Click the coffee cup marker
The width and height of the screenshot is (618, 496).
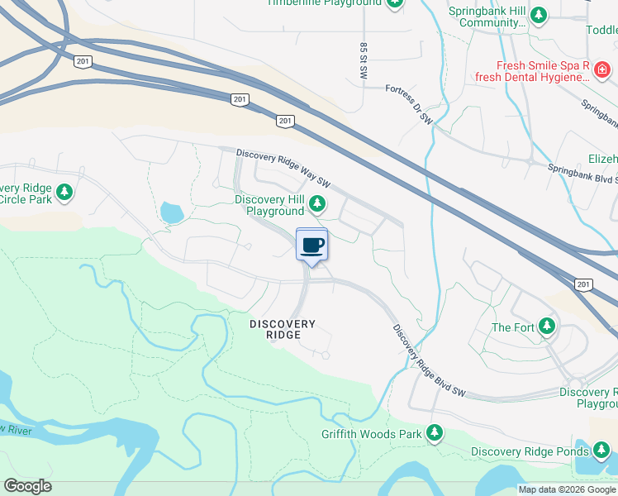point(311,245)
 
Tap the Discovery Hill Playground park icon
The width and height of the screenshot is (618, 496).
point(316,203)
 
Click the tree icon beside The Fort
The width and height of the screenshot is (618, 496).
point(546,327)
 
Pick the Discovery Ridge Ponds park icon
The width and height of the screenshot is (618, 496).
point(602,451)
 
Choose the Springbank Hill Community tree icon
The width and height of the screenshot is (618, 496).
point(539,15)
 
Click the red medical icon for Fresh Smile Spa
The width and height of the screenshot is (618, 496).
point(603,73)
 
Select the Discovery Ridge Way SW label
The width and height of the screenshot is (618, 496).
point(283,168)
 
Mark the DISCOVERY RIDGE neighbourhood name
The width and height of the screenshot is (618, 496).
point(283,329)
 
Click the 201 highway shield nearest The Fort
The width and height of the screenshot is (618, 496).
point(584,284)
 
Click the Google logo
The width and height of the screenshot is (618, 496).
point(27,486)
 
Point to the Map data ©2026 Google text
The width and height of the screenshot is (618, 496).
point(566,489)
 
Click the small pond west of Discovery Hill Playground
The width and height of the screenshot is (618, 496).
point(172,212)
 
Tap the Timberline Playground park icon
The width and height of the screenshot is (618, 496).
point(395,3)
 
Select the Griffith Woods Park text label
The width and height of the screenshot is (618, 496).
point(372,434)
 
